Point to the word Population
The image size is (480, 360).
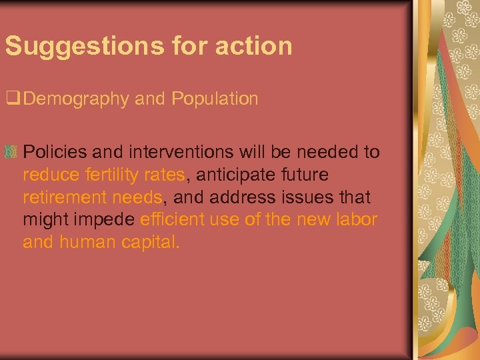[x=215, y=99]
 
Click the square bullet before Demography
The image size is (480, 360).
[x=11, y=99]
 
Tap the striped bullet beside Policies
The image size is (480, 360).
[x=12, y=152]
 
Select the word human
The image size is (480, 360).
[x=88, y=243]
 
